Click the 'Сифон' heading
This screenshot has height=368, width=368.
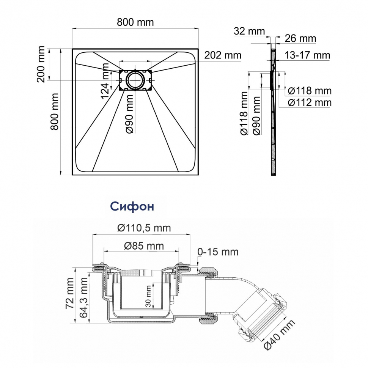[x=132, y=207]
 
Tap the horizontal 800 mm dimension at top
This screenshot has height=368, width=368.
[x=135, y=22]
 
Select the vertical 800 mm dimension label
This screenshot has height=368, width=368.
[x=55, y=112]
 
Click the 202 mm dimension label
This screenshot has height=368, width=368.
[x=223, y=55]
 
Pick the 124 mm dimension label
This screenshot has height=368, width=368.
[x=105, y=81]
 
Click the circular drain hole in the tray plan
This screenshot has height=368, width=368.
[x=135, y=80]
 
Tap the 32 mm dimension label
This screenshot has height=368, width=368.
[x=249, y=31]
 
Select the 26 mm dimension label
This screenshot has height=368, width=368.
[x=300, y=38]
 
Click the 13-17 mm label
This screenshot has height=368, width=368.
[x=307, y=55]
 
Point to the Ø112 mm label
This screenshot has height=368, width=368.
[x=310, y=102]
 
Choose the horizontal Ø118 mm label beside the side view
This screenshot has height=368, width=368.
[x=310, y=91]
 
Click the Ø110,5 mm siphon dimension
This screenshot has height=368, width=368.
[x=144, y=228]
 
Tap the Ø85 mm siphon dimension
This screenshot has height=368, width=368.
[x=144, y=246]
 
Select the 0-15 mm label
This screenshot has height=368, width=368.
[x=218, y=252]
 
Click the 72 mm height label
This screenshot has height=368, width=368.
[x=70, y=293]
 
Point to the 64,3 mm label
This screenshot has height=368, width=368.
[x=83, y=297]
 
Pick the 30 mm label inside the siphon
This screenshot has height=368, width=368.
[x=148, y=296]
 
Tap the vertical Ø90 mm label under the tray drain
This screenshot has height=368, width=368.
[x=130, y=113]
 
